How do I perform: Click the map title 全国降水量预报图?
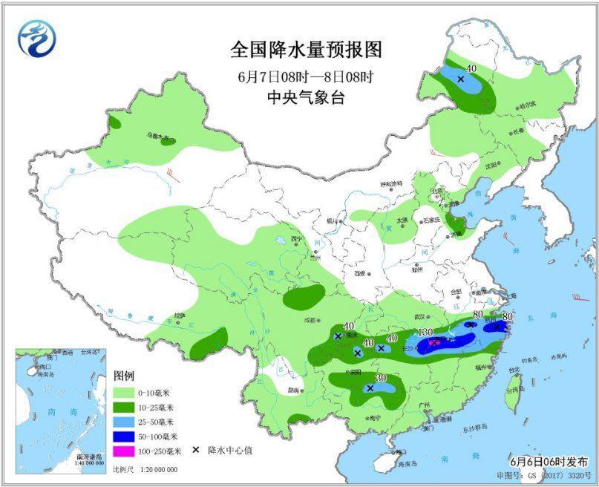pyautogui.click(x=306, y=51)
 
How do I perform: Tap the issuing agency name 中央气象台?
pyautogui.click(x=306, y=97)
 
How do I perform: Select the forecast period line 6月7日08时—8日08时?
pyautogui.click(x=306, y=76)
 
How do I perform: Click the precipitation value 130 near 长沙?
pyautogui.click(x=425, y=331)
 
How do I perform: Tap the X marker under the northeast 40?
pyautogui.click(x=461, y=79)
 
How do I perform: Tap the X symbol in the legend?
pyautogui.click(x=196, y=451)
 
